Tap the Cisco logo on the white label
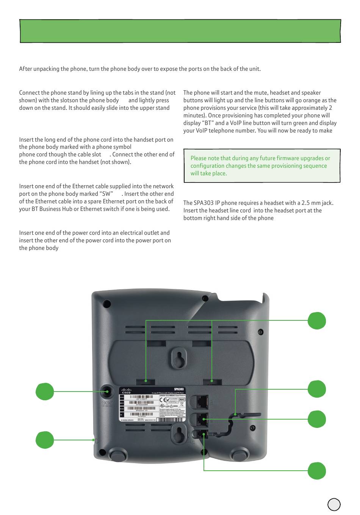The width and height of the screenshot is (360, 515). point(127,391)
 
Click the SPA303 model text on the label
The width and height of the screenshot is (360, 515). point(179,389)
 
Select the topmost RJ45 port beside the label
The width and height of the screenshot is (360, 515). point(202,400)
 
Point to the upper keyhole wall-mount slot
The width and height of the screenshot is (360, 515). point(178,357)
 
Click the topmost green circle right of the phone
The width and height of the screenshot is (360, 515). point(316,321)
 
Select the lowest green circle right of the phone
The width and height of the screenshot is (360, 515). point(316,471)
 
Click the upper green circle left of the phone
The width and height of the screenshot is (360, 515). point(45,392)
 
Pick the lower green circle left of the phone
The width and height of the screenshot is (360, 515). point(45,440)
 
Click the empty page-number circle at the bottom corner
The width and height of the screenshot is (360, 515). point(334,504)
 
